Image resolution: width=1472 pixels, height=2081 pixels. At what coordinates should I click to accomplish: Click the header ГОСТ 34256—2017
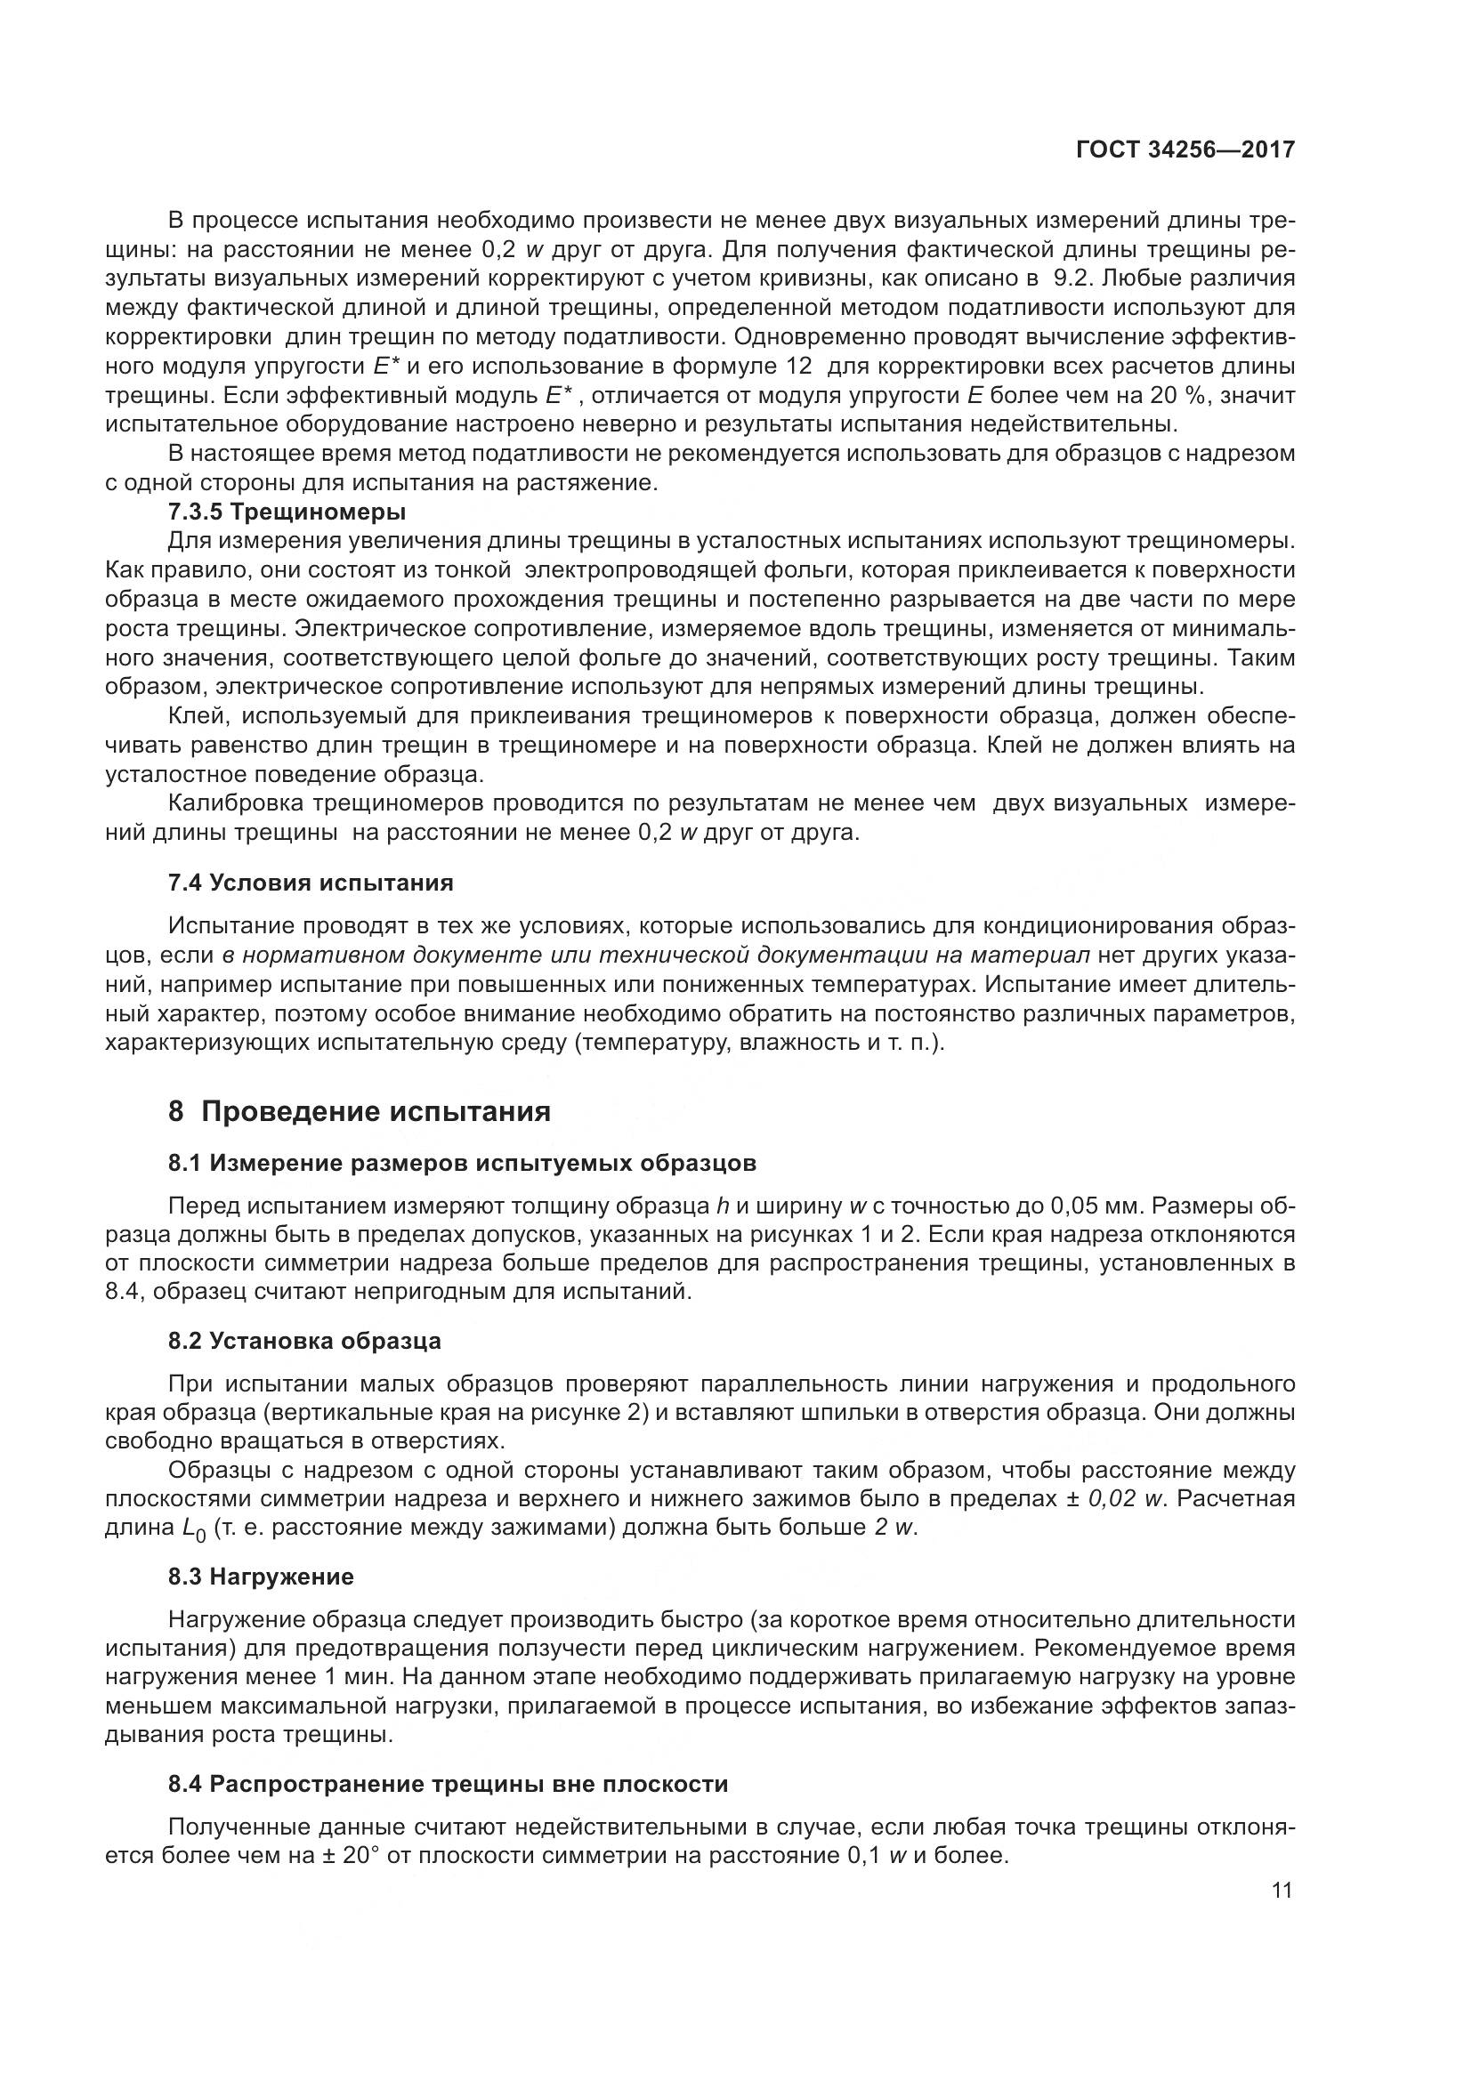(x=1185, y=149)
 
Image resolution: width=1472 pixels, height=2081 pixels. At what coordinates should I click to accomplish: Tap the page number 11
(x=1282, y=1890)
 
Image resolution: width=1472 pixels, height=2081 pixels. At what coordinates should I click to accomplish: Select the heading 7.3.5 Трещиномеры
(x=287, y=512)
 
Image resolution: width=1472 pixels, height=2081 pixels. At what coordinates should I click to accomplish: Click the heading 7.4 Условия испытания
(x=311, y=883)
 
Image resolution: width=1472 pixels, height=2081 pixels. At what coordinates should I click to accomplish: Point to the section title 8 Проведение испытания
(x=359, y=1112)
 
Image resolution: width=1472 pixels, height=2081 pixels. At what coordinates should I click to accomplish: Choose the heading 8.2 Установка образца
(x=304, y=1341)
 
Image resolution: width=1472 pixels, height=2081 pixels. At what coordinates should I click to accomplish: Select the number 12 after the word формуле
(x=796, y=367)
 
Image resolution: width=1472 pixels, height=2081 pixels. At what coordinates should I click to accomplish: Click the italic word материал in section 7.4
(x=1032, y=956)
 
